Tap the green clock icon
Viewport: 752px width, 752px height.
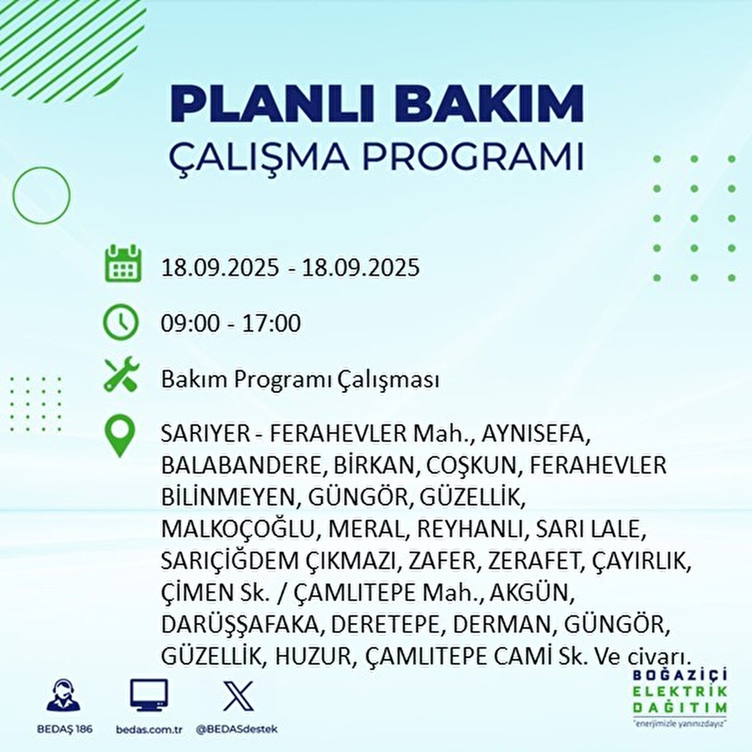click(120, 322)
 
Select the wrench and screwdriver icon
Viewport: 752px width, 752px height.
click(121, 376)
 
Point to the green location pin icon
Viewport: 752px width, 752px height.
click(120, 437)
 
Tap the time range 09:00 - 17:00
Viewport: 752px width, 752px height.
click(231, 323)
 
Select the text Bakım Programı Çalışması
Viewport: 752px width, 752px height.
click(300, 380)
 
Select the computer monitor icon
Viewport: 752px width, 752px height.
click(149, 696)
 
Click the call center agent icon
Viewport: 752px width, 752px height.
click(63, 696)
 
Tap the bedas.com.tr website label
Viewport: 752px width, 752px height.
click(149, 729)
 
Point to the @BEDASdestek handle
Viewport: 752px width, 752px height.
click(236, 729)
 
